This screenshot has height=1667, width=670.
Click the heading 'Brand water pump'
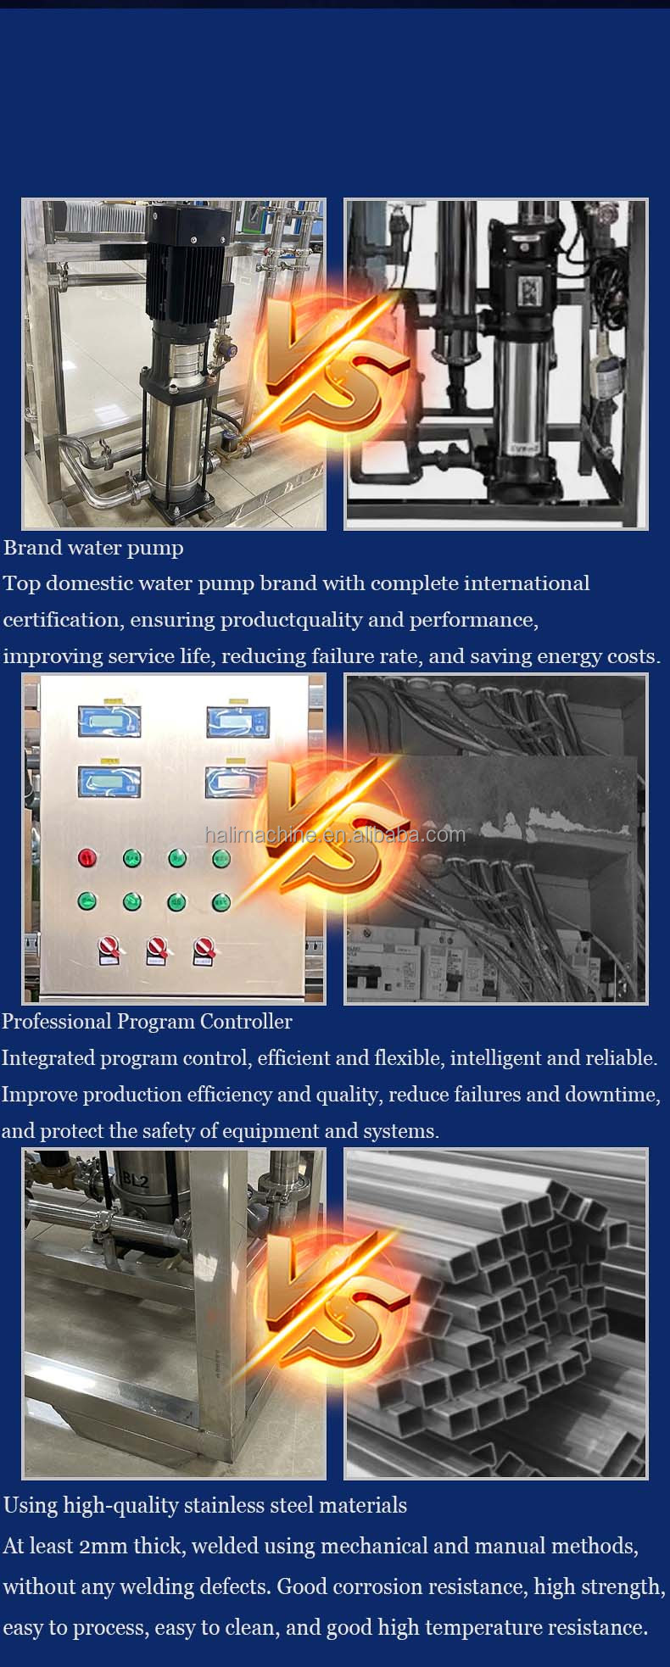click(93, 548)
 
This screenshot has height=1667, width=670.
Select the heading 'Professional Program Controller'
click(147, 1022)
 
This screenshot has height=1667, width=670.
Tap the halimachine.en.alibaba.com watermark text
click(335, 834)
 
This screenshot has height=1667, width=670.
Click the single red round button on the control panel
click(87, 857)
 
